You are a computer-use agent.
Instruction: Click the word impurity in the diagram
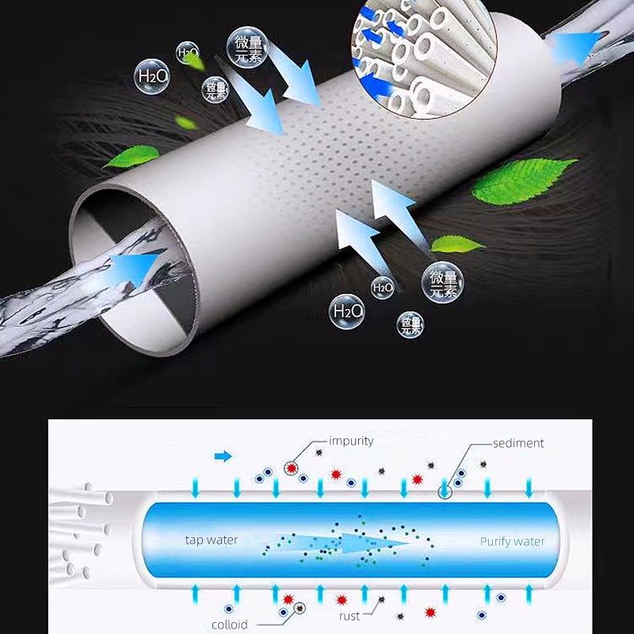(x=351, y=441)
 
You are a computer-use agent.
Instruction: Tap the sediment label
(x=518, y=443)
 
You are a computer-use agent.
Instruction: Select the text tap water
(x=211, y=540)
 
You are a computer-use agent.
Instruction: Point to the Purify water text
(x=512, y=541)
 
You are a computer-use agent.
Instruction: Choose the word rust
(x=349, y=616)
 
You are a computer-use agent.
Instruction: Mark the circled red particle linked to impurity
(x=292, y=469)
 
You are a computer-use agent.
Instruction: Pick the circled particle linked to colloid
(x=300, y=609)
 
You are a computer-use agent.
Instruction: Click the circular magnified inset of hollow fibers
(x=420, y=55)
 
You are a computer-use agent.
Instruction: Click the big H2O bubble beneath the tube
(x=346, y=310)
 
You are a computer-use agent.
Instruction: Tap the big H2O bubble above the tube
(x=152, y=77)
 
